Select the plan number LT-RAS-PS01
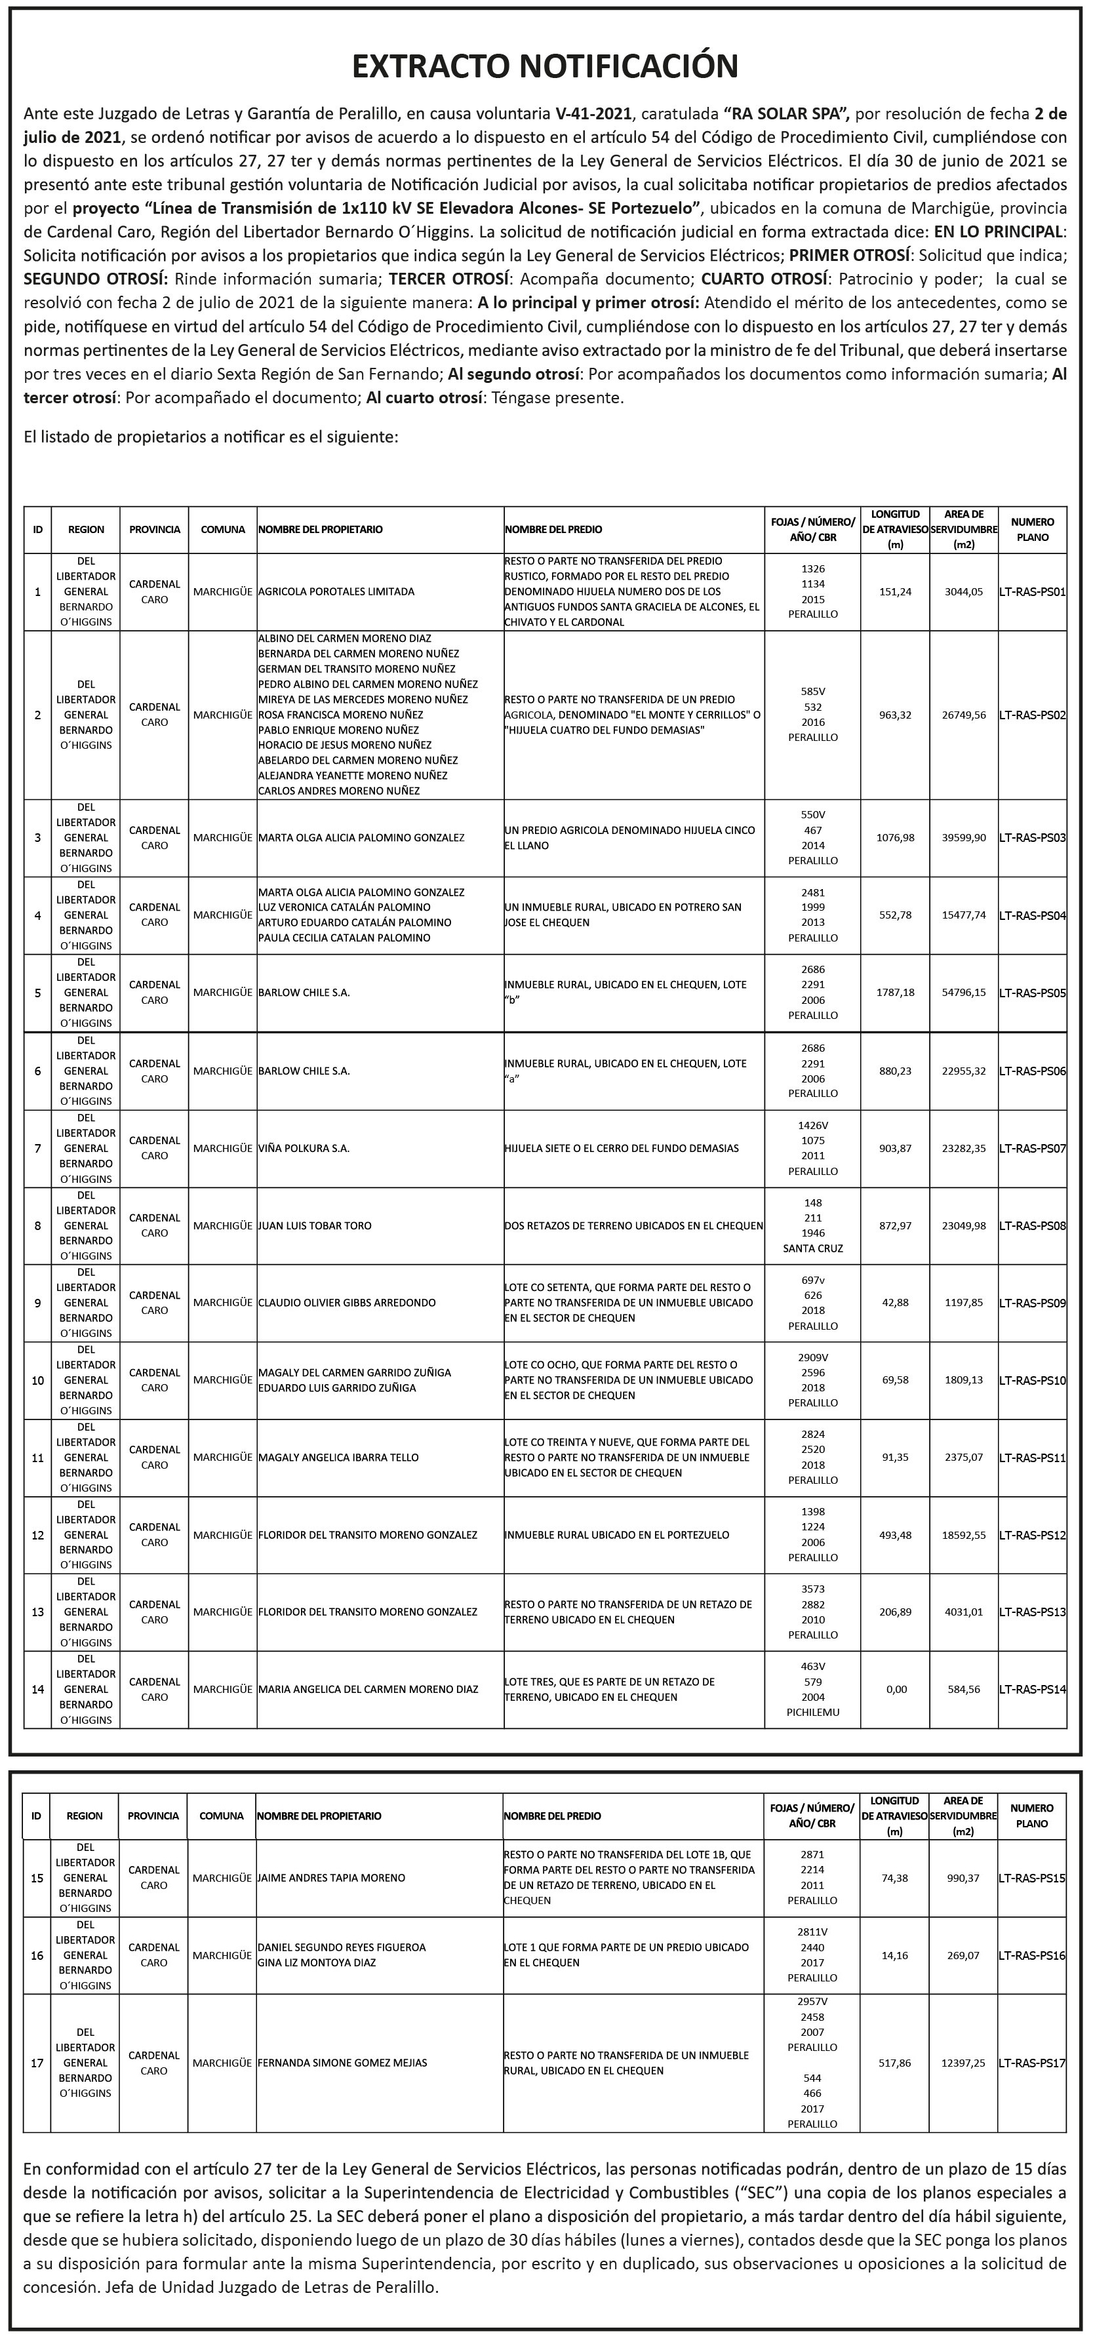click(x=1032, y=591)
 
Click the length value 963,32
click(x=894, y=715)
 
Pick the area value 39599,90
click(x=964, y=837)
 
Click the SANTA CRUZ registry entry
click(x=812, y=1248)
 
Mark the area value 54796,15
click(x=964, y=993)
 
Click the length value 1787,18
click(x=894, y=993)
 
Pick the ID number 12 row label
click(x=37, y=1535)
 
